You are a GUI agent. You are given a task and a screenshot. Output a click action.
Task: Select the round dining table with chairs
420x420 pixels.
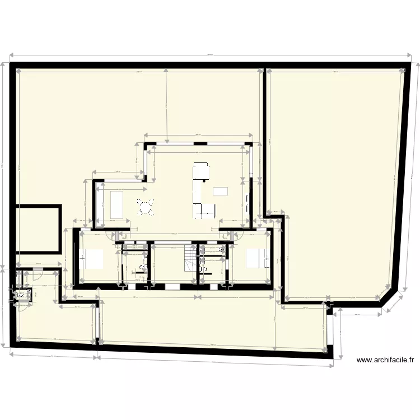point(146,208)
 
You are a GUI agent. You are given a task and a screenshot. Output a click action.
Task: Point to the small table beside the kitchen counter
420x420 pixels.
point(220,190)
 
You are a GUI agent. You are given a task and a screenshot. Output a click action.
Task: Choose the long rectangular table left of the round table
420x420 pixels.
point(118,204)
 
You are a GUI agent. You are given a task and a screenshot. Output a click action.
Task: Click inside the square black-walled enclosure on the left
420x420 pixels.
point(37,228)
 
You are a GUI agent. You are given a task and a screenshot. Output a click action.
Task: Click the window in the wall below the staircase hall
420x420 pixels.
point(172,286)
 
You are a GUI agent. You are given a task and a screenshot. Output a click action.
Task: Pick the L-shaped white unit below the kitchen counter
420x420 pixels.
point(205,210)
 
